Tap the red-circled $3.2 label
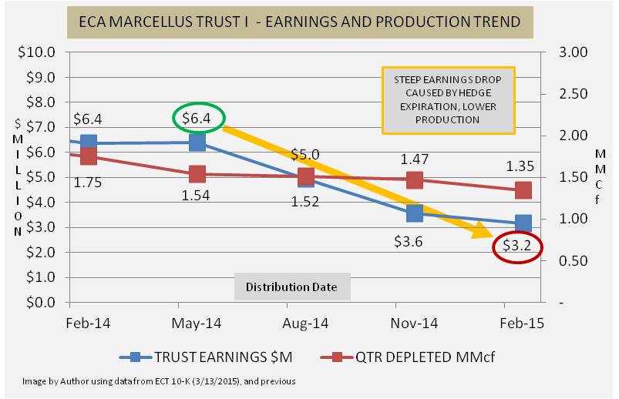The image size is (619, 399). pos(516,247)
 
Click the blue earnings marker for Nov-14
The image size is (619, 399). pos(415,213)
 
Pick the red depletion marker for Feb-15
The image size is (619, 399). pos(523,190)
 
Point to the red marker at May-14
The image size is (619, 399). pos(197,174)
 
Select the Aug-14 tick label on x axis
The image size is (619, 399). pos(306,324)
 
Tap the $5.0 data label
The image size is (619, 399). pos(305,155)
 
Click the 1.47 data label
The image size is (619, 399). pos(414,159)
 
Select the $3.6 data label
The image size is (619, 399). pos(409,243)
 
